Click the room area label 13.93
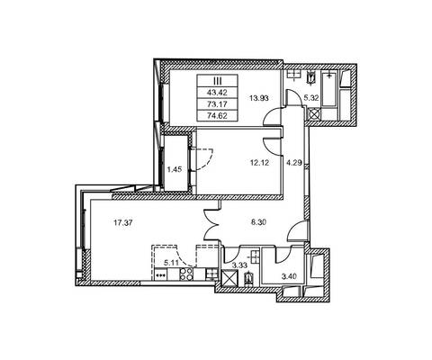[259, 98]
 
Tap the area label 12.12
[259, 163]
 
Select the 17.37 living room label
[123, 222]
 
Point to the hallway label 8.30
[259, 222]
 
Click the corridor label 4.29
[294, 164]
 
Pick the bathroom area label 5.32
[312, 98]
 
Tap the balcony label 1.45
[175, 169]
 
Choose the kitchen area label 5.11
[171, 263]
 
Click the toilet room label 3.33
[239, 265]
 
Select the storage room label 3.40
[289, 276]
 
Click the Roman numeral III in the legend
[217, 80]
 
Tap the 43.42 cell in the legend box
[217, 92]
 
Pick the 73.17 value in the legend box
[217, 104]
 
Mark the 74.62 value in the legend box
[217, 115]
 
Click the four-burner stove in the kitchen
[186, 274]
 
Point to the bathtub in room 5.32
[329, 88]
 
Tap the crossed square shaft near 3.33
[229, 279]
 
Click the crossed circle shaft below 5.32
[314, 114]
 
